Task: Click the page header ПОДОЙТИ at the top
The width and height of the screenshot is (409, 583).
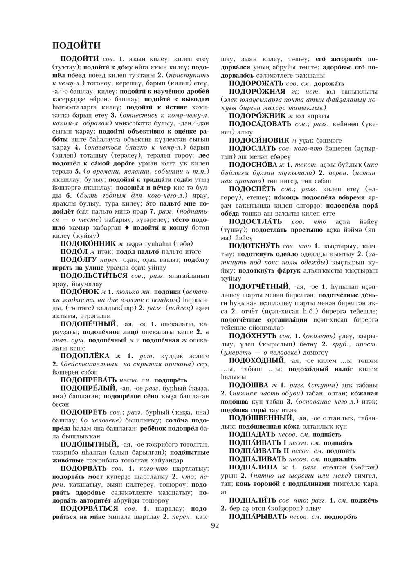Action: click(77, 45)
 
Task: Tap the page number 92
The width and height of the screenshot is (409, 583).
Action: click(215, 526)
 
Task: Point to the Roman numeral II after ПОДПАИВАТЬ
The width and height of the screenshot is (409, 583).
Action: click(285, 451)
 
